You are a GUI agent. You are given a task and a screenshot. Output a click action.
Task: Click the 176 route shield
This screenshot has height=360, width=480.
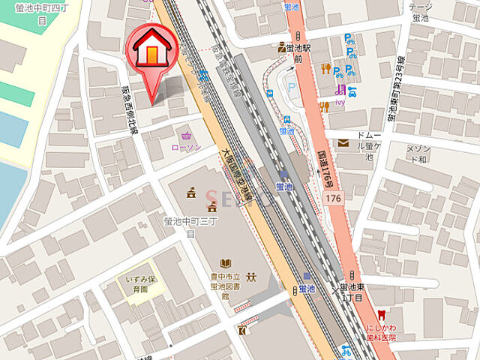click(x=333, y=196)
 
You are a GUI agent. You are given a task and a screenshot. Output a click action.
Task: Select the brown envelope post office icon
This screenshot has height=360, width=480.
click(x=343, y=143)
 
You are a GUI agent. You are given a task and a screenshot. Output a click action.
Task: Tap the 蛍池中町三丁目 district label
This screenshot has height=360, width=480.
click(x=179, y=226)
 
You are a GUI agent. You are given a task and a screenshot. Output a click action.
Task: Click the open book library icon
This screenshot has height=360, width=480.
click(x=225, y=263)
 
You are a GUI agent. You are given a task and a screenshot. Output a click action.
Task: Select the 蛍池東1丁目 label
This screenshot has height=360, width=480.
click(x=352, y=292)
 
